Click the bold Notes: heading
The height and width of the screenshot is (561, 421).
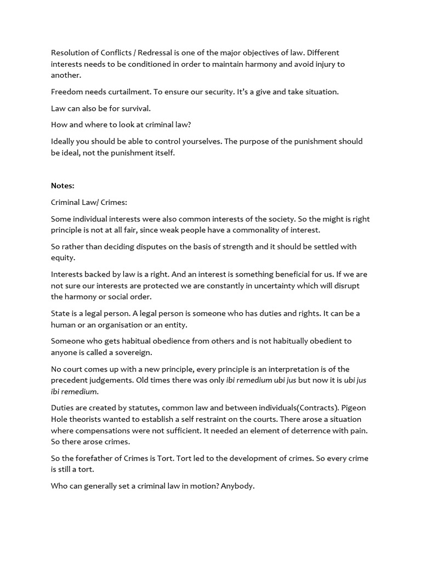[x=62, y=186]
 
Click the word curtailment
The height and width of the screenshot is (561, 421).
[x=123, y=91]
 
